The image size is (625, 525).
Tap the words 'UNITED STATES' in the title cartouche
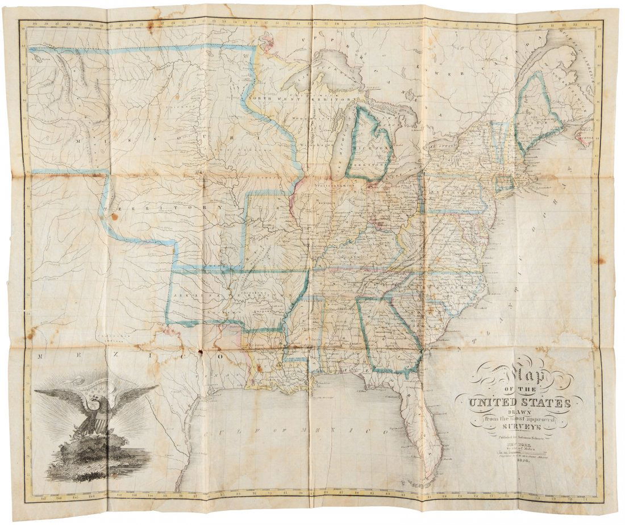[x=519, y=403]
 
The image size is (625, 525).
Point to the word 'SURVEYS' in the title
[x=519, y=430]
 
